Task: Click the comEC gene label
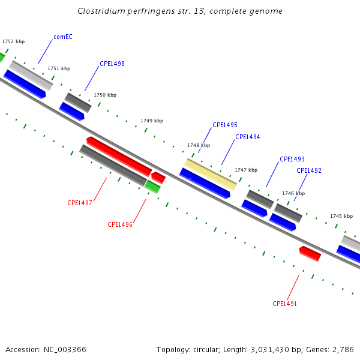63,37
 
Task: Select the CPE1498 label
112,64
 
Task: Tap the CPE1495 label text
225,125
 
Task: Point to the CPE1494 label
247,137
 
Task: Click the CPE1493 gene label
292,159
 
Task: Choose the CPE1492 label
309,170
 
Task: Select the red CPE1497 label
80,203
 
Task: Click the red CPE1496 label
120,224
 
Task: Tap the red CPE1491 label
285,304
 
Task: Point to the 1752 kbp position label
13,41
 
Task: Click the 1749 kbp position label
152,121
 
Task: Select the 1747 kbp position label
246,170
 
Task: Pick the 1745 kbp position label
341,216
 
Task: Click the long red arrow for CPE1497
118,155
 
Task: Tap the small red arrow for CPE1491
310,254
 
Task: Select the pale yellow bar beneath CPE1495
210,173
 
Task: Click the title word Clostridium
100,11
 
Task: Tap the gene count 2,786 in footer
343,349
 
